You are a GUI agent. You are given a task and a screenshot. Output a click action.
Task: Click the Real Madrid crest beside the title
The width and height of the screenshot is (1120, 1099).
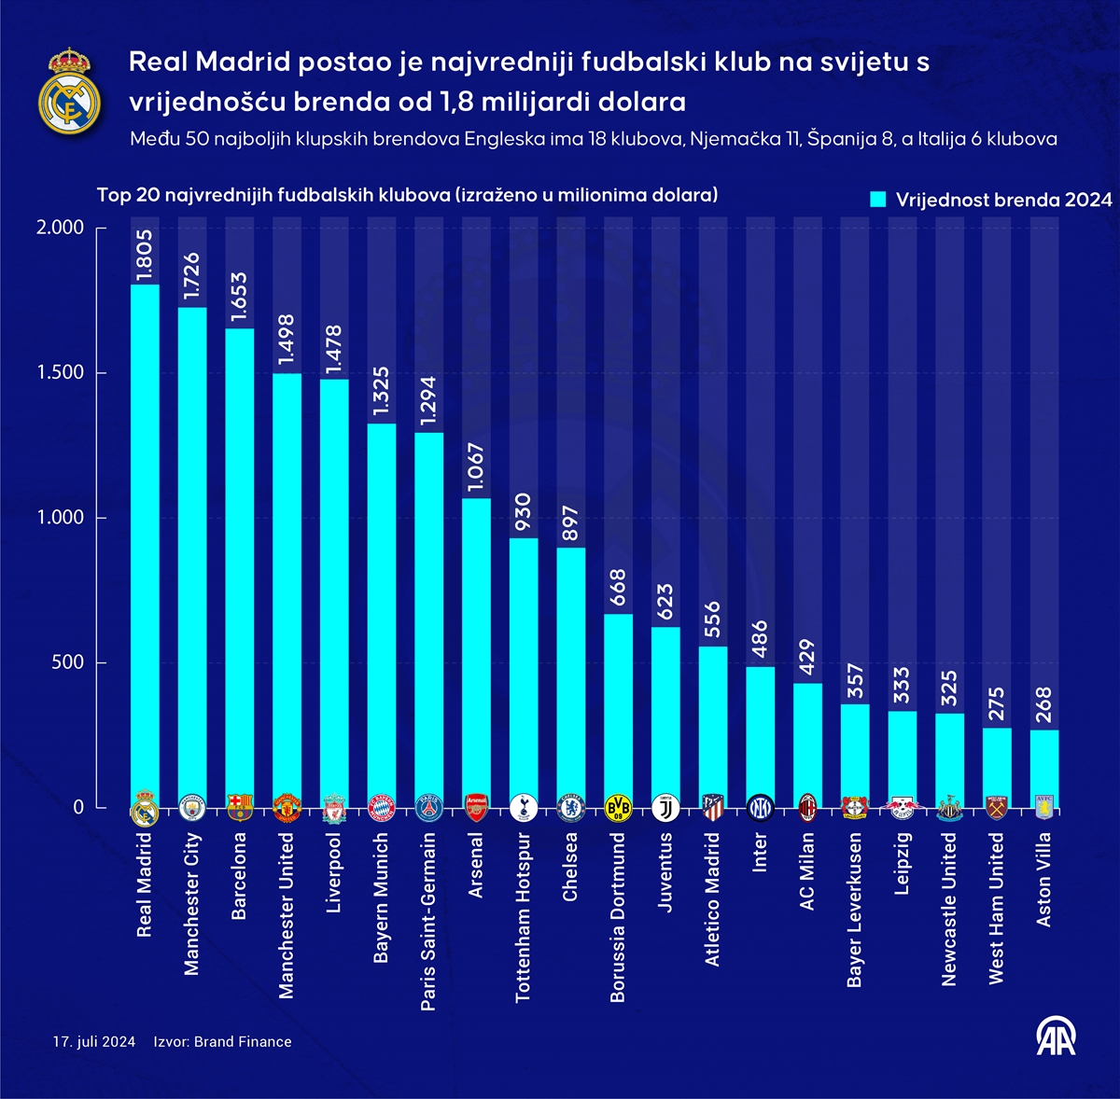point(69,90)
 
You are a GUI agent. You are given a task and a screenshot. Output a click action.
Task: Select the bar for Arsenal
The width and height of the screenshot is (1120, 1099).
point(476,653)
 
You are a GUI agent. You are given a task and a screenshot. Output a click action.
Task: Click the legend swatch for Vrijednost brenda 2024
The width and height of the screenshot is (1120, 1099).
point(877,200)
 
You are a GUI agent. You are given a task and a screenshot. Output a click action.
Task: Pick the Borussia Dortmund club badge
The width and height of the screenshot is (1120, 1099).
point(618,808)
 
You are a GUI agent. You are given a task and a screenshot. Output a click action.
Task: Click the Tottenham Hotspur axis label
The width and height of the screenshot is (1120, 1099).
point(523,918)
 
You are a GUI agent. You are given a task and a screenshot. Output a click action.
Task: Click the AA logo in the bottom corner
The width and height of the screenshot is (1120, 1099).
point(1057,1036)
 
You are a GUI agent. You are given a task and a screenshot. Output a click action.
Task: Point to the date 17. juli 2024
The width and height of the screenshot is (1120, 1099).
point(94,1042)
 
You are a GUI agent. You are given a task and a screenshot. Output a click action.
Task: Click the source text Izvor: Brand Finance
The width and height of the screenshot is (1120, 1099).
point(222,1042)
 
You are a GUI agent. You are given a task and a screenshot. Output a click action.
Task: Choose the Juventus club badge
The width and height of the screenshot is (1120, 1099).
point(665,808)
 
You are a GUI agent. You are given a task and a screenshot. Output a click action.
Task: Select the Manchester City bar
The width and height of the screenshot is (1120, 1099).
point(191,560)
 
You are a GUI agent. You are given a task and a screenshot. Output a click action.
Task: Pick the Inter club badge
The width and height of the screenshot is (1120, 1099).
point(760,808)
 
